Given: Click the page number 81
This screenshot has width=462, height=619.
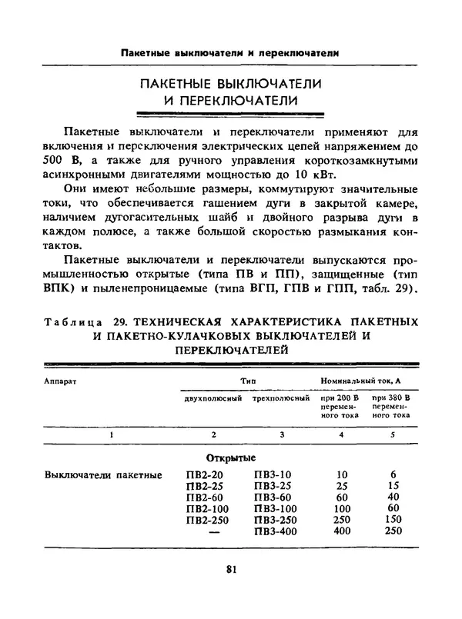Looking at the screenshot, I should point(230,569).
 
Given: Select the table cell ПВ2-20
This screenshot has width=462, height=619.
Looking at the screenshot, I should point(204,474).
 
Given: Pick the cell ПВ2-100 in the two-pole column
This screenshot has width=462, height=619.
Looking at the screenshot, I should point(207,509).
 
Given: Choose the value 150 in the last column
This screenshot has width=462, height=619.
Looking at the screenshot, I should point(393,521).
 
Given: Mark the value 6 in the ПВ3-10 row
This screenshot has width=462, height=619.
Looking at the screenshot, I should point(393,474).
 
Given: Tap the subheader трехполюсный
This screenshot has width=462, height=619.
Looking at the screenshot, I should point(276,398).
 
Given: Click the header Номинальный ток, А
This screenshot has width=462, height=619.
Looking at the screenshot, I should point(367,380).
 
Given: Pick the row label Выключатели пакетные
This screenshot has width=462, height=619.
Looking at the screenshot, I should point(103,474).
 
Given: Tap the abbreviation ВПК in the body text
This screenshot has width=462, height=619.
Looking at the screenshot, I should point(64,290).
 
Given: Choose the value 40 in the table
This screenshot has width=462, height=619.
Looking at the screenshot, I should point(393,498).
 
